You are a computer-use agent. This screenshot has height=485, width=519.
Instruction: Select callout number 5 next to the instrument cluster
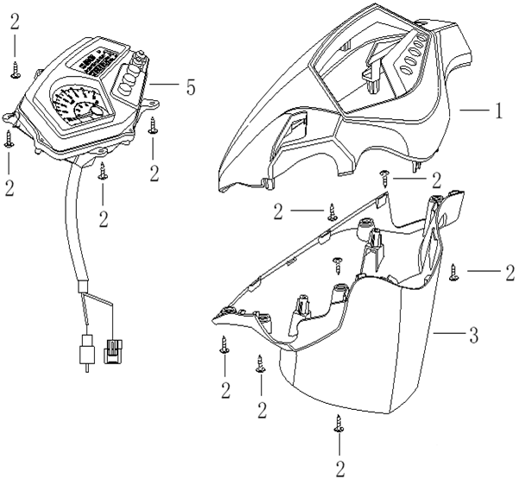click(x=190, y=86)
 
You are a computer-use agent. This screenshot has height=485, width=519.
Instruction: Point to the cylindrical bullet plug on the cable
click(x=85, y=350)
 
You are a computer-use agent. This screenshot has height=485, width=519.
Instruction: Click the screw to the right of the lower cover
click(x=455, y=273)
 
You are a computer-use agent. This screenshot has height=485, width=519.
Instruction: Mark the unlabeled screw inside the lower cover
click(x=338, y=261)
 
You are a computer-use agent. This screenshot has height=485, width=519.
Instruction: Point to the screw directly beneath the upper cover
click(x=385, y=179)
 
